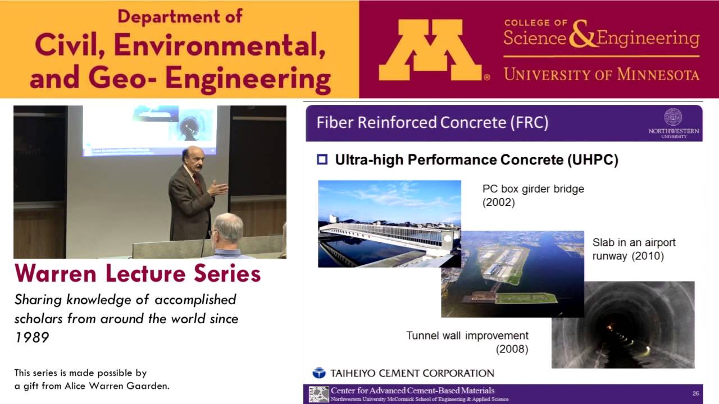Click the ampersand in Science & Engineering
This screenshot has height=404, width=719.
point(581,37)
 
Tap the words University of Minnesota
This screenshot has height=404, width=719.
point(601,74)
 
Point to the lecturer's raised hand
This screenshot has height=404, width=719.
point(220,187)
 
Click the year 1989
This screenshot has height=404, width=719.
point(31,337)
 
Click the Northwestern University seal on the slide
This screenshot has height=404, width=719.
point(673,117)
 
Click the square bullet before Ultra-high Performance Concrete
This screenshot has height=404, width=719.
point(322,160)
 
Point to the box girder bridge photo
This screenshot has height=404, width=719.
point(389,223)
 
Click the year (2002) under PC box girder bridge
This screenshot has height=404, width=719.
point(499,202)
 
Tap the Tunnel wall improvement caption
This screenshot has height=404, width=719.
point(467,336)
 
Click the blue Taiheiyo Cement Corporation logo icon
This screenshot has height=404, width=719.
point(319,373)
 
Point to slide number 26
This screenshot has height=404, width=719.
point(695,393)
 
